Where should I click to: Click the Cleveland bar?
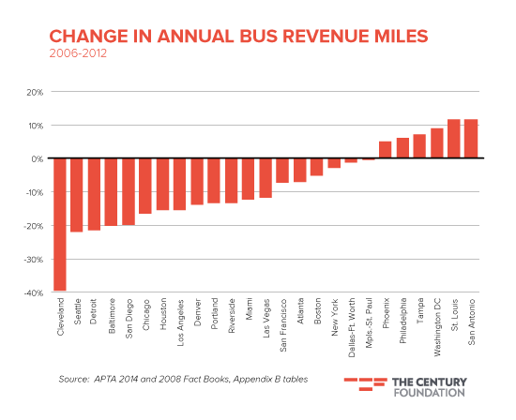[x=60, y=224]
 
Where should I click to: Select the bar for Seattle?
[x=77, y=195]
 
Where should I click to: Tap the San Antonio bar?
[x=471, y=139]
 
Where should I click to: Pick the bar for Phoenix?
[x=386, y=150]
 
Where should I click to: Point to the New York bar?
[x=334, y=163]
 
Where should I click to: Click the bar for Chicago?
[x=145, y=186]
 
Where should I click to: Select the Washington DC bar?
[x=436, y=143]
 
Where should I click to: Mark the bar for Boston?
[x=317, y=167]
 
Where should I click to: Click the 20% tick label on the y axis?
[x=35, y=93]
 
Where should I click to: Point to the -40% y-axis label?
[x=34, y=293]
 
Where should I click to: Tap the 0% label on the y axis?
[x=38, y=158]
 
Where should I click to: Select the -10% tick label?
[x=34, y=192]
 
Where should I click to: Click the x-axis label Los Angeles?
[x=180, y=322]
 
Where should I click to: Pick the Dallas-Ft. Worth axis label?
[x=352, y=327]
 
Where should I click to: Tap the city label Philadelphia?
[x=403, y=321]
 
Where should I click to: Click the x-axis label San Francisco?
[x=283, y=325]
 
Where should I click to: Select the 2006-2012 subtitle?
[x=78, y=53]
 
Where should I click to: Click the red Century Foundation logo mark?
[x=366, y=384]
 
